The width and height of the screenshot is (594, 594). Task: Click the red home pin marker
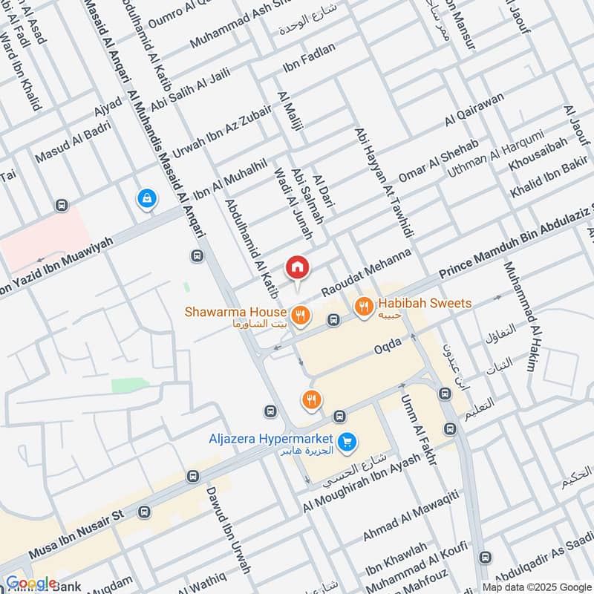(297, 267)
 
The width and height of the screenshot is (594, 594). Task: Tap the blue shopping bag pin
(147, 198)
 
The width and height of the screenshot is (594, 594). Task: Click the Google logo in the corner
(31, 584)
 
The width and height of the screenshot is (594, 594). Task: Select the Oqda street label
(387, 345)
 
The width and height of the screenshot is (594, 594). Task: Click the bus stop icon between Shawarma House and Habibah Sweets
(334, 320)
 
